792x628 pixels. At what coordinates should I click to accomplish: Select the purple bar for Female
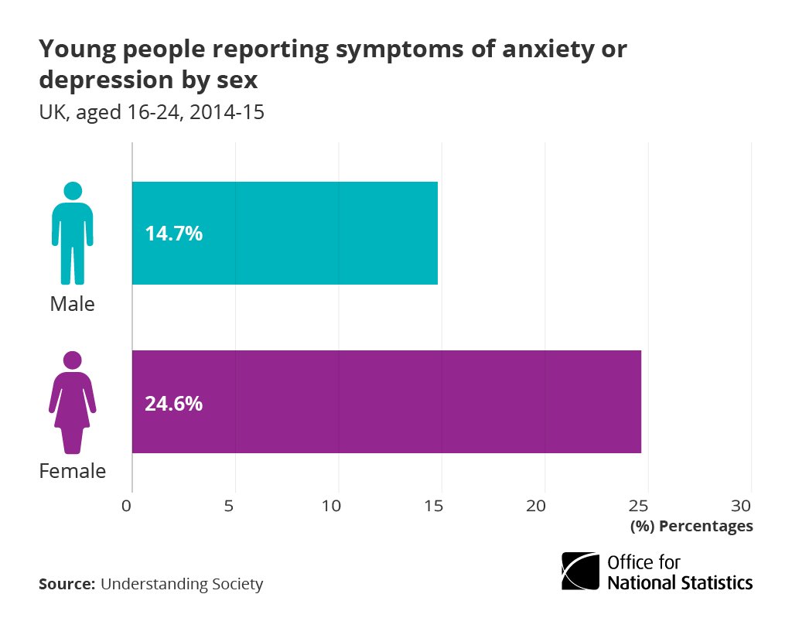(x=387, y=401)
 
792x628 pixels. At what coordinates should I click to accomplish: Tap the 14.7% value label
(x=173, y=234)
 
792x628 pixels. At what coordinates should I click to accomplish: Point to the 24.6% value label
(x=173, y=403)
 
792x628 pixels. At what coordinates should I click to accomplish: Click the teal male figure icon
(x=73, y=233)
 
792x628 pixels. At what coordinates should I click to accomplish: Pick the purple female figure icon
(x=73, y=402)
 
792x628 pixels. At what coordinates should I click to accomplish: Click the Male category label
(x=72, y=304)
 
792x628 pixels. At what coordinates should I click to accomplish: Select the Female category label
(x=72, y=471)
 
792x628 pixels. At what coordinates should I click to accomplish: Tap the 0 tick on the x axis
(x=127, y=506)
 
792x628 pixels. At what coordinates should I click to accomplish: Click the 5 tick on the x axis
(x=230, y=506)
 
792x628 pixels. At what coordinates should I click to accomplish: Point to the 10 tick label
(x=333, y=506)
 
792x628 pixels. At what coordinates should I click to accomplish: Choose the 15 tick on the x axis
(x=435, y=506)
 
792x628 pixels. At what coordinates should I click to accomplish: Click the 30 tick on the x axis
(x=742, y=506)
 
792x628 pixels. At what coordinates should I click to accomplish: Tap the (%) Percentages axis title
(x=691, y=526)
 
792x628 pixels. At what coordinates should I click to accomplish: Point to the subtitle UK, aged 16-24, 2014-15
(x=152, y=112)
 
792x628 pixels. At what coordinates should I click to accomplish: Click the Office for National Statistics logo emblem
(x=580, y=572)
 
